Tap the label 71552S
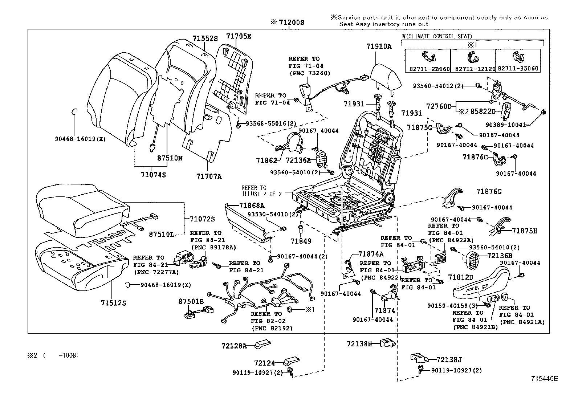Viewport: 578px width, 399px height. tap(205, 38)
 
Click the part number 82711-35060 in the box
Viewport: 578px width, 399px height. tap(518, 68)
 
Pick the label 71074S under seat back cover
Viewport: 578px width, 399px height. tap(153, 175)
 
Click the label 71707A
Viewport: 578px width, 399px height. tap(209, 176)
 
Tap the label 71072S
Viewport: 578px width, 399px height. tap(202, 219)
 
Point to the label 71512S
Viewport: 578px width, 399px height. tap(113, 302)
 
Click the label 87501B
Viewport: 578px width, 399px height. tap(191, 301)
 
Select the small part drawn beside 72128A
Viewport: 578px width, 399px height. tap(261, 343)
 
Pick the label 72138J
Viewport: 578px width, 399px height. tap(449, 359)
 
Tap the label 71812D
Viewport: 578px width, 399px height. tap(460, 277)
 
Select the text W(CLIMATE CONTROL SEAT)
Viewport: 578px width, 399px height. tap(437, 36)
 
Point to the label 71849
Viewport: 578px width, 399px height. tap(301, 241)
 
